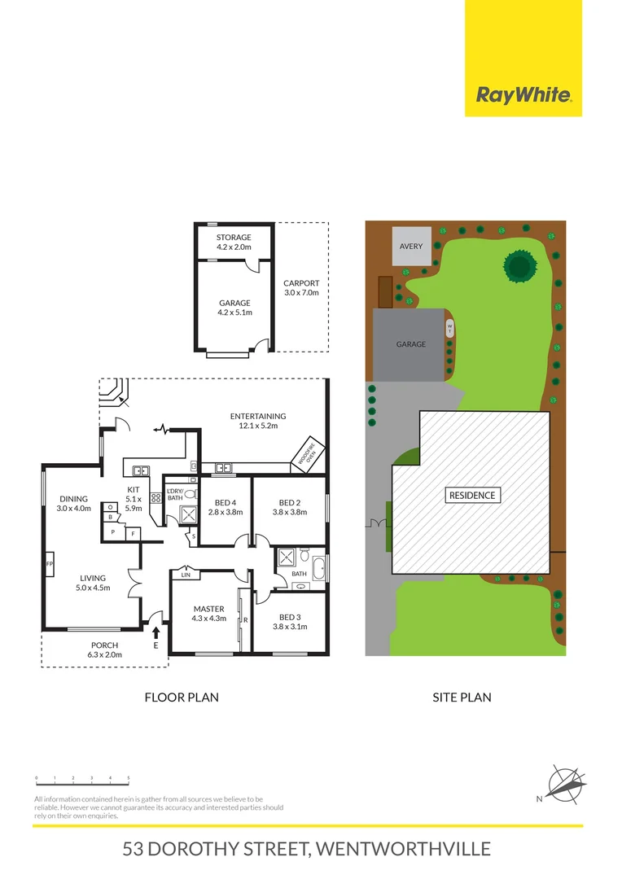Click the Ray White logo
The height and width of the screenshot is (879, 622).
click(523, 96)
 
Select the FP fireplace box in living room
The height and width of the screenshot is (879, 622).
click(50, 563)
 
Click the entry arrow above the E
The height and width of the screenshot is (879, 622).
click(155, 631)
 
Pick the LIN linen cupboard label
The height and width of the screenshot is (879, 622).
click(186, 575)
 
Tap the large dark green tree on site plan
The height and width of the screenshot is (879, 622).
click(519, 265)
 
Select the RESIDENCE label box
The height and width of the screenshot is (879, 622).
click(472, 495)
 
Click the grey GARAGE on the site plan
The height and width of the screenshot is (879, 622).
click(411, 344)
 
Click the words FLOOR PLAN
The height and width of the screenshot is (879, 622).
click(181, 698)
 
